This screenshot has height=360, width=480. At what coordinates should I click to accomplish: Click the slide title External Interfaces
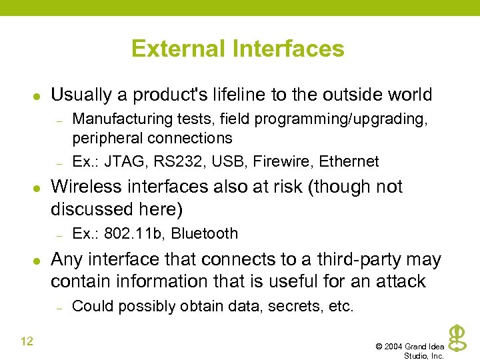[x=238, y=49]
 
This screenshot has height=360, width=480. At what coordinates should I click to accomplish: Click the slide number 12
[x=27, y=342]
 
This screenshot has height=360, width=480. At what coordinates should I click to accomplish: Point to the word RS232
[x=163, y=161]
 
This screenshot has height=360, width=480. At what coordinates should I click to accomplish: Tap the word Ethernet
[x=349, y=161]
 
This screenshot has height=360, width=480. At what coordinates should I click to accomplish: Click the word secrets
[x=297, y=306]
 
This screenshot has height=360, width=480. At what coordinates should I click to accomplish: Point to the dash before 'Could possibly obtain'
[x=59, y=307]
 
